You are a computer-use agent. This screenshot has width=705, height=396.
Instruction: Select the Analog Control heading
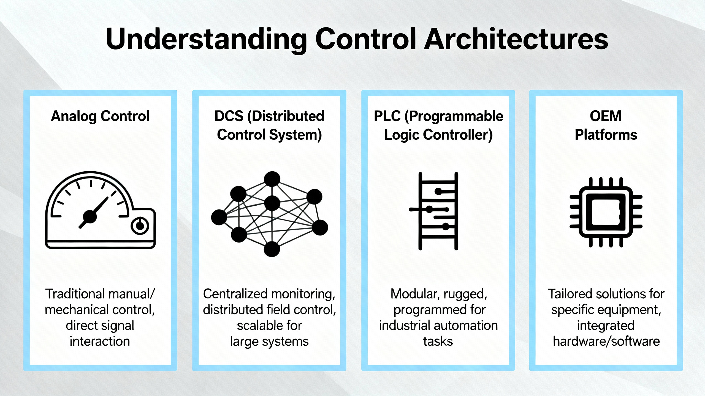[100, 116]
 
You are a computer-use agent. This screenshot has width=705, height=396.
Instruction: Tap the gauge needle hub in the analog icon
[90, 217]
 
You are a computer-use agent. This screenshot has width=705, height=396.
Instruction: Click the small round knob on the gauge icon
[140, 226]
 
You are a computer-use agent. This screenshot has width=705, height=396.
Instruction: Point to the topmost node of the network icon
[272, 179]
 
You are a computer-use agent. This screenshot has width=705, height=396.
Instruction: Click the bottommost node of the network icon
[272, 249]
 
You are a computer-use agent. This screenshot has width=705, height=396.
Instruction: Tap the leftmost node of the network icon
[219, 217]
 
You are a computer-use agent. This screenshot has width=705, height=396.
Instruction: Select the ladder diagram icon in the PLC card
[438, 211]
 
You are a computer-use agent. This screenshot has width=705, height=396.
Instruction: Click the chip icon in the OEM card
[606, 212]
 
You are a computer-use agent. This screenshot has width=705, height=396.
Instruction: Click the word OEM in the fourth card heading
[606, 116]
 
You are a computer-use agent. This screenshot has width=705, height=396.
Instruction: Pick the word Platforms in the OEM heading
[606, 135]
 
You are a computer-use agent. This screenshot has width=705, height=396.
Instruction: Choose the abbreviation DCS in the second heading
[229, 116]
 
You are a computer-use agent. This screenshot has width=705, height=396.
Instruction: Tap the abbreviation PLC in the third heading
[387, 116]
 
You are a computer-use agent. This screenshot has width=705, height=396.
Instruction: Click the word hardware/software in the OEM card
[606, 342]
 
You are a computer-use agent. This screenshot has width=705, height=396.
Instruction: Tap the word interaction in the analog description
[100, 342]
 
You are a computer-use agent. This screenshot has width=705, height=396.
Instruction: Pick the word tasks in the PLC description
[438, 342]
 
